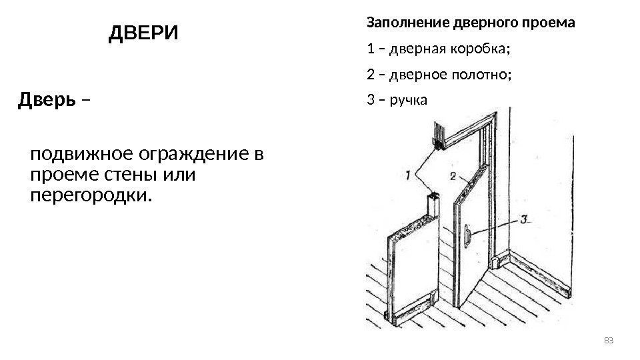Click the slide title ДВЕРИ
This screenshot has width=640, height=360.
pos(143,33)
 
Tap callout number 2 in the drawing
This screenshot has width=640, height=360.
pos(453,177)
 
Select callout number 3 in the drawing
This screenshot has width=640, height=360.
pos(524,218)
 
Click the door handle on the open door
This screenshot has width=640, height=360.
pos(469,235)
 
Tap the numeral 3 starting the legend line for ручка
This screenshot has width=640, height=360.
pos(371,101)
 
